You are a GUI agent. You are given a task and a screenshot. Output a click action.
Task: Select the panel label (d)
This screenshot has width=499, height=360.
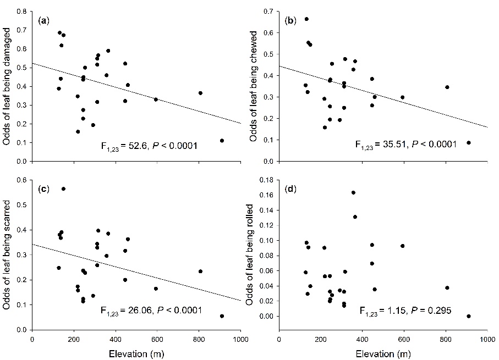[289, 189]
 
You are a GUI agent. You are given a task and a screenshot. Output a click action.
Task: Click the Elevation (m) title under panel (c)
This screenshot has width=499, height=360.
[136, 351]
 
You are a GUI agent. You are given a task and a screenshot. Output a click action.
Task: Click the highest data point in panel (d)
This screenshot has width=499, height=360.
[353, 192]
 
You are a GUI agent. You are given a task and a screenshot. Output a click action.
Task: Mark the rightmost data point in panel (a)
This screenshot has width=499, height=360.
[222, 141]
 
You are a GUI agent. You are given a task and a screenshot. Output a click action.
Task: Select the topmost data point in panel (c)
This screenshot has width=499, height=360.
[63, 189]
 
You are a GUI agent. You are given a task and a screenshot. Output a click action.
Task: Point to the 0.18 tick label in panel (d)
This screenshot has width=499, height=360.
[267, 180]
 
